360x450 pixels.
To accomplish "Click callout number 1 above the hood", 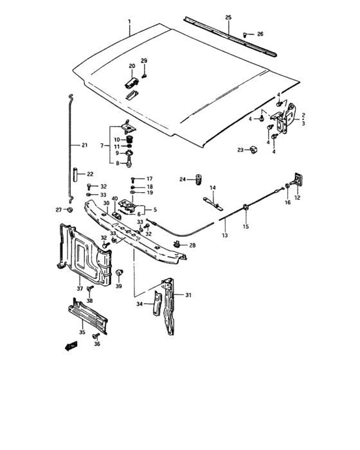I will pyautogui.click(x=129, y=21).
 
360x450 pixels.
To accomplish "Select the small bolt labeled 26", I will pyautogui.click(x=246, y=34).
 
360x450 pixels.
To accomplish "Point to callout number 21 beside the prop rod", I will pyautogui.click(x=84, y=145).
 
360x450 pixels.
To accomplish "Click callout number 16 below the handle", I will pyautogui.click(x=287, y=202).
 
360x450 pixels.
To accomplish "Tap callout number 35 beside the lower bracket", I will pyautogui.click(x=82, y=332).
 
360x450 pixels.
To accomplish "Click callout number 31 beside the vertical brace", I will pyautogui.click(x=188, y=296).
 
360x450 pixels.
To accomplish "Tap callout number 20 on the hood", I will pyautogui.click(x=132, y=66).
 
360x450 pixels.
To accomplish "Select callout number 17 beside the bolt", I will pyautogui.click(x=150, y=179).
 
